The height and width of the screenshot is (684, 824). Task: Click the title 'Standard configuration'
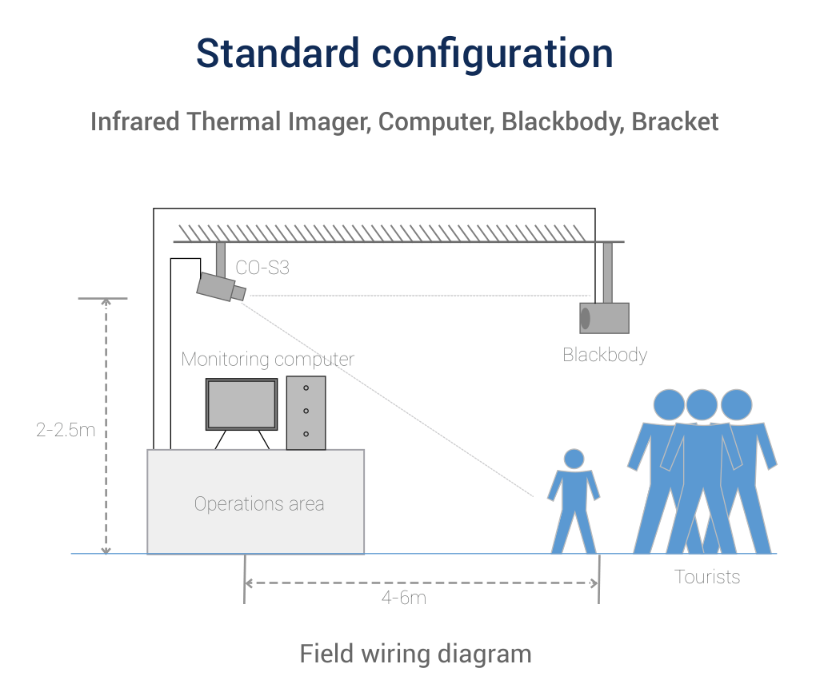click(x=404, y=53)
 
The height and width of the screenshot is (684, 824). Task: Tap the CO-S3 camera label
click(x=262, y=268)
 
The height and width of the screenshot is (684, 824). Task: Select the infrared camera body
click(x=216, y=286)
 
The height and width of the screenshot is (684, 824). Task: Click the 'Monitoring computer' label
click(x=267, y=360)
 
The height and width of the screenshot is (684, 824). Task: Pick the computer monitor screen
click(x=241, y=404)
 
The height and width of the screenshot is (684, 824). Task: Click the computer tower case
click(x=306, y=412)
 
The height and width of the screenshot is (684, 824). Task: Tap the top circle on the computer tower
click(x=306, y=388)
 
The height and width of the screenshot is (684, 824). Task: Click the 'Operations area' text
click(x=259, y=504)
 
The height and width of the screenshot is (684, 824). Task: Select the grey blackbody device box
click(x=606, y=318)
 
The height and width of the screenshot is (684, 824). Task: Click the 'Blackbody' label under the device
click(x=605, y=355)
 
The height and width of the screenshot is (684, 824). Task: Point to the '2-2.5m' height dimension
click(x=66, y=430)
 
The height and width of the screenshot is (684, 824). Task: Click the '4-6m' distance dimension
click(x=404, y=598)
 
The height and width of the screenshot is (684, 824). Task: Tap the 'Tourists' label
click(x=707, y=577)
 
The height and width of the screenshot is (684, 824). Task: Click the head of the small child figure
click(x=574, y=459)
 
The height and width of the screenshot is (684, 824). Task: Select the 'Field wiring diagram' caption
click(x=415, y=654)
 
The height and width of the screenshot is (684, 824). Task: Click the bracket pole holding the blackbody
click(x=608, y=272)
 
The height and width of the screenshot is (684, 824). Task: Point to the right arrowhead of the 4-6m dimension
click(x=594, y=583)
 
